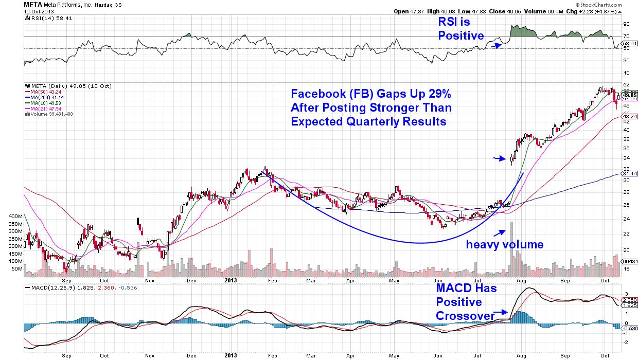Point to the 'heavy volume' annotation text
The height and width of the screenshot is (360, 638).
click(504, 245)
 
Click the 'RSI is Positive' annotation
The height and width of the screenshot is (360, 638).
click(460, 29)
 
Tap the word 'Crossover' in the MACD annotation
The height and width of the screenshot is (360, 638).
click(464, 315)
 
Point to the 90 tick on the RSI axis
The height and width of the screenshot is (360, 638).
click(626, 24)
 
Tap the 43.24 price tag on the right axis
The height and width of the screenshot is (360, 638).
click(629, 117)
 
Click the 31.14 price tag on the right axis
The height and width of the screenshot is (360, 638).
click(629, 174)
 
